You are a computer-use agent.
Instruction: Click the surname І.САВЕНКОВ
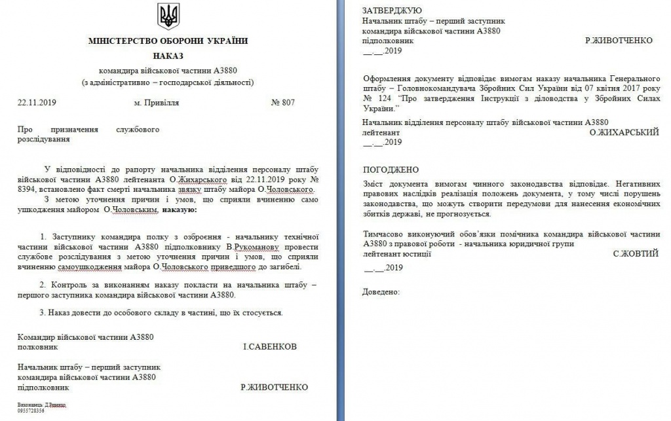pyautogui.click(x=269, y=346)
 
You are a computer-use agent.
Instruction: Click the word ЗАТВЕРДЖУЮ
pyautogui.click(x=392, y=10)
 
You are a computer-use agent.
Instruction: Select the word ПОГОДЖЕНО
pyautogui.click(x=390, y=170)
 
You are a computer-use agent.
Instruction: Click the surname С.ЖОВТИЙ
pyautogui.click(x=636, y=253)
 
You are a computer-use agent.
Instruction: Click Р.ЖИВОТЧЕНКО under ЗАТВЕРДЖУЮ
pyautogui.click(x=619, y=40)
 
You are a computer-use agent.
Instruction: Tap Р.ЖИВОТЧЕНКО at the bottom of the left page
pyautogui.click(x=274, y=387)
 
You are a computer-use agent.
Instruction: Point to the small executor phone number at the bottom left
pyautogui.click(x=31, y=411)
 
